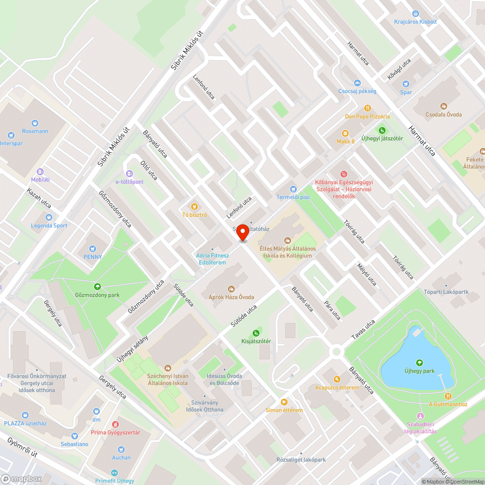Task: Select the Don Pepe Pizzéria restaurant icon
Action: point(368,108)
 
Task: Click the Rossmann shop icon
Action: point(35,123)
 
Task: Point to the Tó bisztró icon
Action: point(194,206)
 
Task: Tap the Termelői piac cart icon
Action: point(293,189)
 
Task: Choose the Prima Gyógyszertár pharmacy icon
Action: point(115,424)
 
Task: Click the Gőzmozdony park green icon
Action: point(97,286)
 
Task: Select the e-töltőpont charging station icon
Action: point(129,173)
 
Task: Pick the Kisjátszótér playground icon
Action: point(256,333)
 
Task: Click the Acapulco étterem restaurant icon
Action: point(337,379)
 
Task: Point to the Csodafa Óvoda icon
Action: point(443,106)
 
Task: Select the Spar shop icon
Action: point(406,83)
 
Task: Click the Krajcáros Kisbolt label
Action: point(415,22)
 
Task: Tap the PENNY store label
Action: point(92,257)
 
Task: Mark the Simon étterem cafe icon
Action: point(284,402)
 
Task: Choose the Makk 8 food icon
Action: point(345,133)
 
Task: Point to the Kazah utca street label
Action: point(39,199)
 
